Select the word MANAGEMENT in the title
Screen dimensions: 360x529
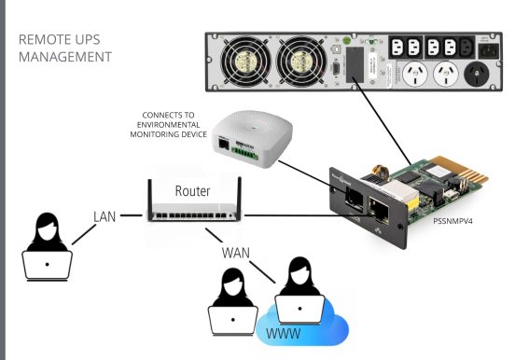pos(64,58)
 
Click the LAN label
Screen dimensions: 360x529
pos(104,216)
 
